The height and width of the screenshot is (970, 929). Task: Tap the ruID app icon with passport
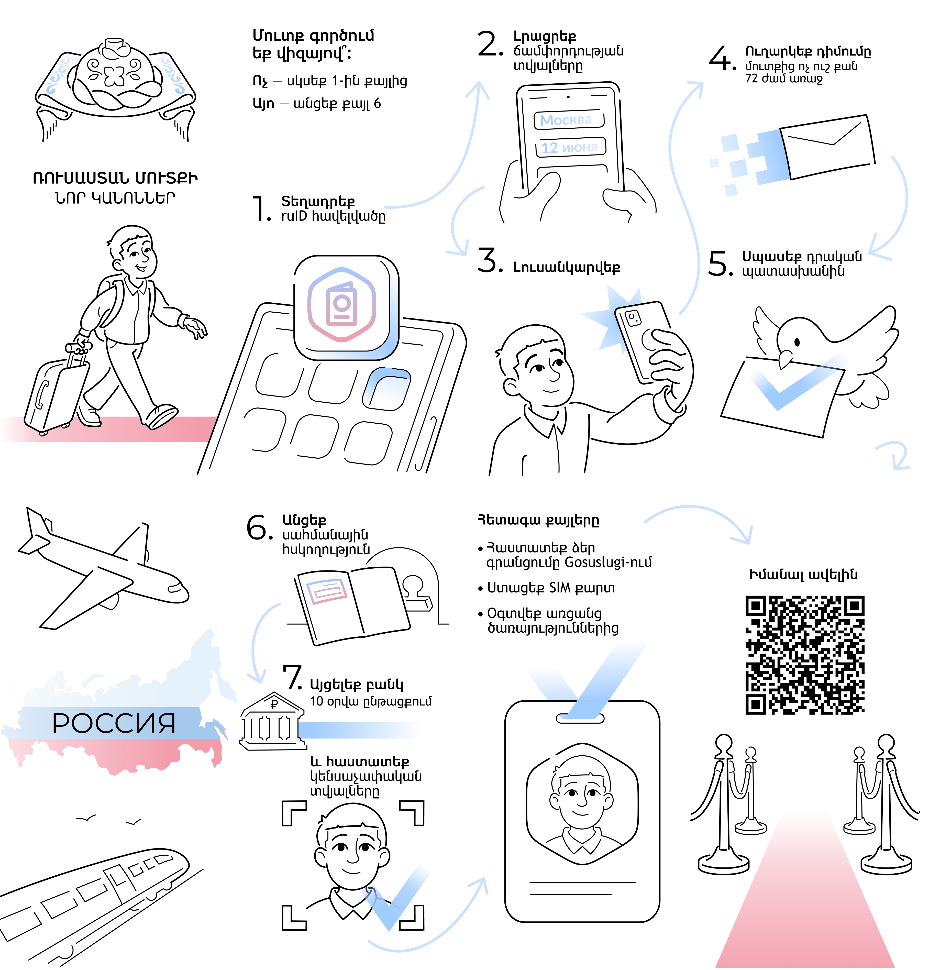click(347, 307)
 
